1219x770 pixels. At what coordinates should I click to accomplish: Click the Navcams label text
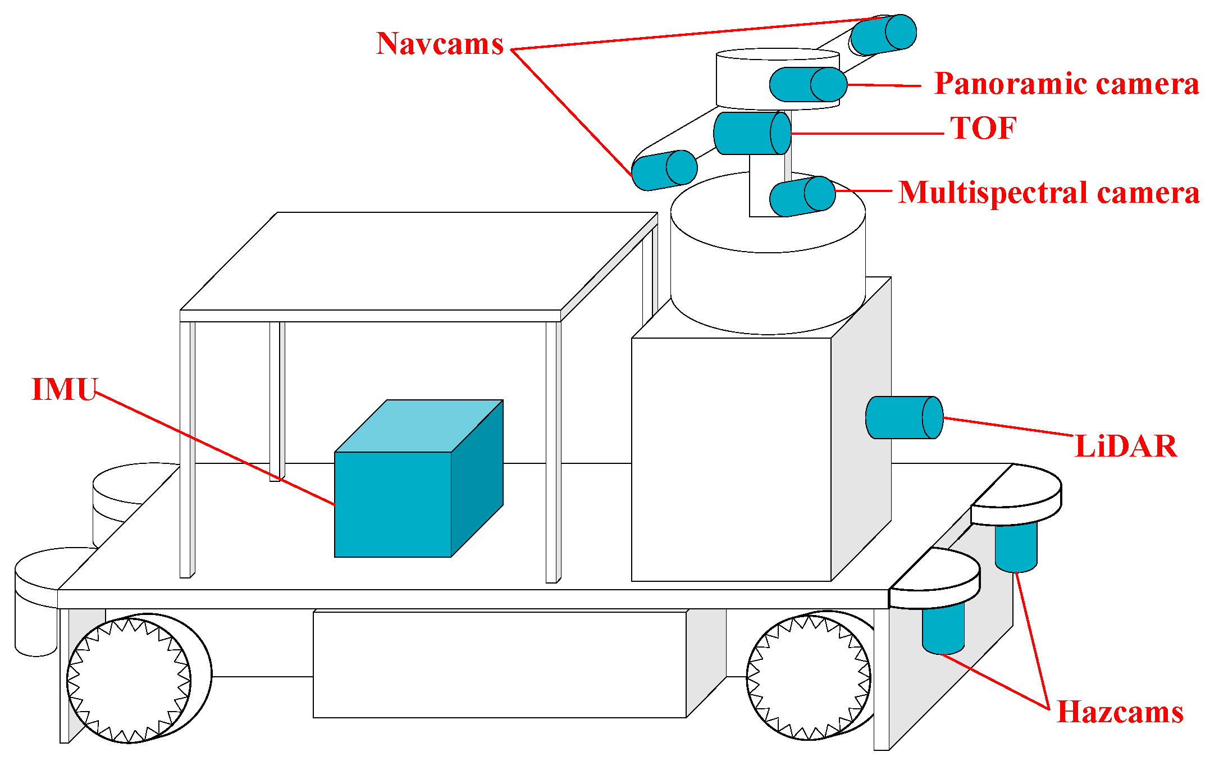[x=440, y=44]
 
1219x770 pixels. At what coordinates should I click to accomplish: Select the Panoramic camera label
[x=1066, y=84]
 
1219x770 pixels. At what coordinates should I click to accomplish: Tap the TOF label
[x=983, y=128]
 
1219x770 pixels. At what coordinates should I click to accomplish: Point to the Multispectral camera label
[x=1048, y=193]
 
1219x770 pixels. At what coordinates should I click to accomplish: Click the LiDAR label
[x=1125, y=446]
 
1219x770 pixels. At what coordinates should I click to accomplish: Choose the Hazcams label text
[x=1120, y=712]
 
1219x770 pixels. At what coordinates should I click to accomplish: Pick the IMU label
[x=65, y=389]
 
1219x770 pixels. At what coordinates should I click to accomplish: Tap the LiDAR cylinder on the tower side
[x=903, y=417]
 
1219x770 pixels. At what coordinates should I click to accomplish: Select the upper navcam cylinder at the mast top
[x=883, y=34]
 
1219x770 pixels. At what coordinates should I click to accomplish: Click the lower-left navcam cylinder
[x=664, y=170]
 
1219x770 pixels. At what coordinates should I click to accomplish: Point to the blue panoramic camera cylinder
[x=807, y=85]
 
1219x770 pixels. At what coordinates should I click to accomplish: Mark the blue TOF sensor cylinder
[x=751, y=133]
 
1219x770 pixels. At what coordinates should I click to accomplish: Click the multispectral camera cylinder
[x=802, y=196]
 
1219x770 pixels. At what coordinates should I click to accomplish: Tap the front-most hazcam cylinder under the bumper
[x=943, y=627]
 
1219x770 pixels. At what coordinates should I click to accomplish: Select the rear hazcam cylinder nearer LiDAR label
[x=1016, y=546]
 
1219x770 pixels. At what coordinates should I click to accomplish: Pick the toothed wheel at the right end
[x=809, y=677]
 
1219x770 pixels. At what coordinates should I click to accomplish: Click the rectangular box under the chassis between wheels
[x=500, y=664]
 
